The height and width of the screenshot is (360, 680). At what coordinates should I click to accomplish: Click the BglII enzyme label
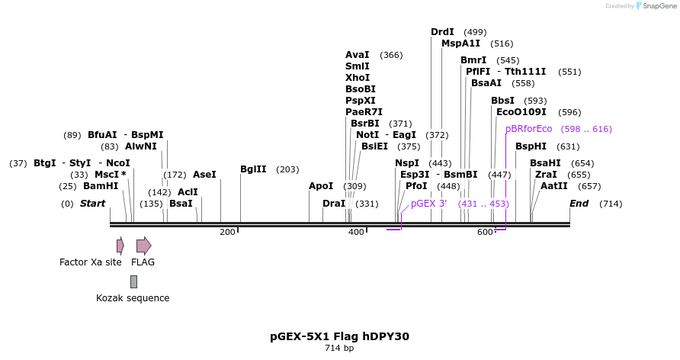click(253, 169)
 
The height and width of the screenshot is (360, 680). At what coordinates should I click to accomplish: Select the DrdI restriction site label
click(442, 32)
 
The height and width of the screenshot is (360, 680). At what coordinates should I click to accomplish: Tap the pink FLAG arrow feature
click(143, 246)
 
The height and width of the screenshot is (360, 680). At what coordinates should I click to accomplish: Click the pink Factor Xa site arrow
click(120, 246)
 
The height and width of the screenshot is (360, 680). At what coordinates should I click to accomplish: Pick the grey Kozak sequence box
click(133, 281)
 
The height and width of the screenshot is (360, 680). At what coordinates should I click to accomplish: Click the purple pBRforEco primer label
click(528, 129)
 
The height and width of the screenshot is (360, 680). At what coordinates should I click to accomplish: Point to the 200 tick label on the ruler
click(227, 232)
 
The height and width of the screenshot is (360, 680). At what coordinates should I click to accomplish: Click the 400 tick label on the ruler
click(356, 232)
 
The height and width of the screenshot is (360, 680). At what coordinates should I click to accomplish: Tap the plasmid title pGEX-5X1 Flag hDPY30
click(339, 336)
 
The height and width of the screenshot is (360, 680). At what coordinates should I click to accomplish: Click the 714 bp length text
click(339, 349)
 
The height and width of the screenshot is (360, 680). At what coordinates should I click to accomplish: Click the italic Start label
click(92, 204)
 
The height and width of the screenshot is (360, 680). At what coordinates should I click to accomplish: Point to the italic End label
click(579, 204)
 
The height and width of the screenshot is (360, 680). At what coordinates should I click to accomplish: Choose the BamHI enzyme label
click(101, 186)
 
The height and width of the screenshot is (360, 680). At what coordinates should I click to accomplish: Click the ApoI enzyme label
click(321, 186)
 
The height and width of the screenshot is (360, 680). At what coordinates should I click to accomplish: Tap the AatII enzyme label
click(554, 186)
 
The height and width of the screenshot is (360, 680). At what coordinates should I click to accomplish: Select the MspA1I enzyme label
click(461, 43)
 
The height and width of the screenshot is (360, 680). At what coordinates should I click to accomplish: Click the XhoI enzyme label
click(358, 78)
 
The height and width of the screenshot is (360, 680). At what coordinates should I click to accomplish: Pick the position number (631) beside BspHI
click(568, 146)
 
